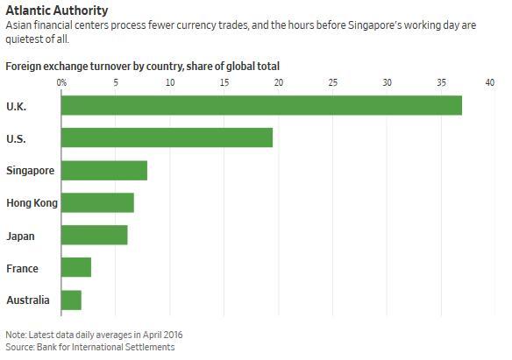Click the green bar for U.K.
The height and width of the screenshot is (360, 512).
click(x=261, y=105)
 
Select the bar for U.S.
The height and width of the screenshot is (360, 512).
click(x=167, y=138)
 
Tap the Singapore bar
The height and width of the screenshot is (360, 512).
click(x=104, y=170)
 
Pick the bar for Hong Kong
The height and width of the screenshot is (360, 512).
click(x=97, y=202)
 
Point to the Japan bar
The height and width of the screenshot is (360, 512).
click(x=95, y=235)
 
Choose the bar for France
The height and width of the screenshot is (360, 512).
click(x=76, y=267)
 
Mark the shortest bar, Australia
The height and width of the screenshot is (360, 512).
click(x=71, y=300)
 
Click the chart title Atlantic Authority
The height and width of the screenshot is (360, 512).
click(x=57, y=11)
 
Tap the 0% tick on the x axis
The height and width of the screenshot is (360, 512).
click(x=61, y=82)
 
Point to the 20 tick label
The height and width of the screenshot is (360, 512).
click(x=279, y=82)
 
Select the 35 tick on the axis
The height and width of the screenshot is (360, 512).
click(x=442, y=82)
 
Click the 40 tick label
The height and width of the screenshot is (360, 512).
click(x=496, y=82)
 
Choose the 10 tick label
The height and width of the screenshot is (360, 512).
click(x=170, y=82)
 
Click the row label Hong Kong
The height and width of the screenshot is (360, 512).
click(x=32, y=203)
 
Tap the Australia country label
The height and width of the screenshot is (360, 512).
click(x=28, y=300)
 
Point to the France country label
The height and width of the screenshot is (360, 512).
click(x=22, y=268)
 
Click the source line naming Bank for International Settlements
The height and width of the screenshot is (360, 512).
click(x=90, y=347)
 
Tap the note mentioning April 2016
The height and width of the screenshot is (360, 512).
click(x=94, y=335)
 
